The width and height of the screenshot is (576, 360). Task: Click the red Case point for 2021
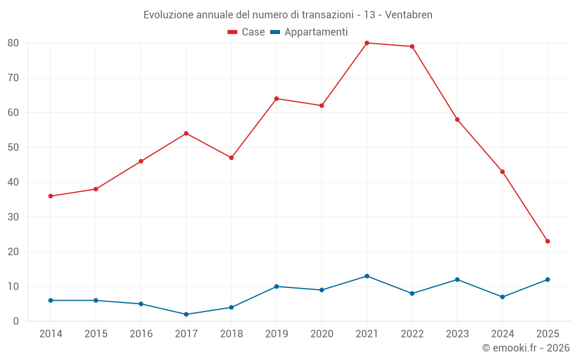point(367,43)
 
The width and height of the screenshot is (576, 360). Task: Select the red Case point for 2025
point(547,241)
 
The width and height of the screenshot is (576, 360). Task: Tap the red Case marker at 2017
point(186,134)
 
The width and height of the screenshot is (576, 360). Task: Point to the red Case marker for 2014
point(51,196)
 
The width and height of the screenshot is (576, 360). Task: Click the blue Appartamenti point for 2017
point(186,314)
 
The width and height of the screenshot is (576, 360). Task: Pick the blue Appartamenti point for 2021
point(367,276)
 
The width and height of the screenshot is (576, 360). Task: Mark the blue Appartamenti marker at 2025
point(547,279)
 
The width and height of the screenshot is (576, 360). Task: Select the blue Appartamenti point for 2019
point(276,286)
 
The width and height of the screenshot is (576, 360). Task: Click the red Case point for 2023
point(457,119)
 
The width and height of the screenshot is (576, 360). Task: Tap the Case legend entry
point(247,32)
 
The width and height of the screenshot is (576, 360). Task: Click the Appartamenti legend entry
point(309,32)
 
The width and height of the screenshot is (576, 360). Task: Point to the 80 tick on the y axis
point(13,43)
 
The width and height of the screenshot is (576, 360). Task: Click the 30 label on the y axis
point(13,217)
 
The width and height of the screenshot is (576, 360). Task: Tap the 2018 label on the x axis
point(231,334)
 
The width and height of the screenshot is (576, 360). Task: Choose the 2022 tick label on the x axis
point(412,334)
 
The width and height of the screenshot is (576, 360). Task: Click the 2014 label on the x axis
point(51,334)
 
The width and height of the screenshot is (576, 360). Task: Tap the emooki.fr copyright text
point(526,348)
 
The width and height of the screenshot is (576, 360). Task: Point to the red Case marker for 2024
point(502,172)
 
